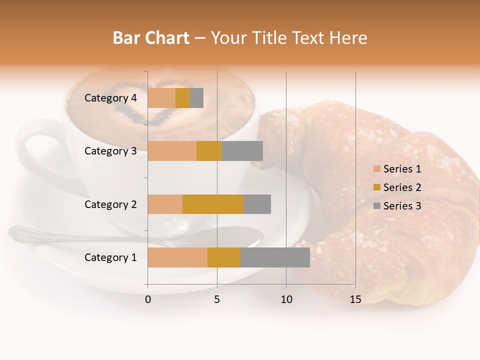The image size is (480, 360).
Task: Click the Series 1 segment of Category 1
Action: (177, 257)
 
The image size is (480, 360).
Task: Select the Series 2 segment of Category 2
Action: (213, 204)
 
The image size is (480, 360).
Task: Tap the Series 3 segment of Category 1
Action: (275, 257)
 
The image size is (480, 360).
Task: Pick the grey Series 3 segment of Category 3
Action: (242, 151)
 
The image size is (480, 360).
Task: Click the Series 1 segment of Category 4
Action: (161, 98)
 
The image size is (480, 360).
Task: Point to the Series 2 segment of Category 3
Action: (209, 151)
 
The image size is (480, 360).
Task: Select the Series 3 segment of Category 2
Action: (257, 204)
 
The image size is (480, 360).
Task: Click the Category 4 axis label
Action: (110, 98)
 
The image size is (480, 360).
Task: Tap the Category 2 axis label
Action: (110, 204)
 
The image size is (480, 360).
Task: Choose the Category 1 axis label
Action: (110, 257)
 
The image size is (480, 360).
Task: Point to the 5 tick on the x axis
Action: (217, 299)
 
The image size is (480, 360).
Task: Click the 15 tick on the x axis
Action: (355, 299)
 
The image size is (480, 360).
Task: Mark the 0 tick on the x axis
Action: (148, 299)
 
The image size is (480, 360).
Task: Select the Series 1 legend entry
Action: (402, 169)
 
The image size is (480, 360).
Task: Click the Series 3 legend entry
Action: (402, 206)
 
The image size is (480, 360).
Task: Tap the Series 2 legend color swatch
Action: (376, 187)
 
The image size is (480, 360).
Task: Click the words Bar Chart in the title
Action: (151, 38)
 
